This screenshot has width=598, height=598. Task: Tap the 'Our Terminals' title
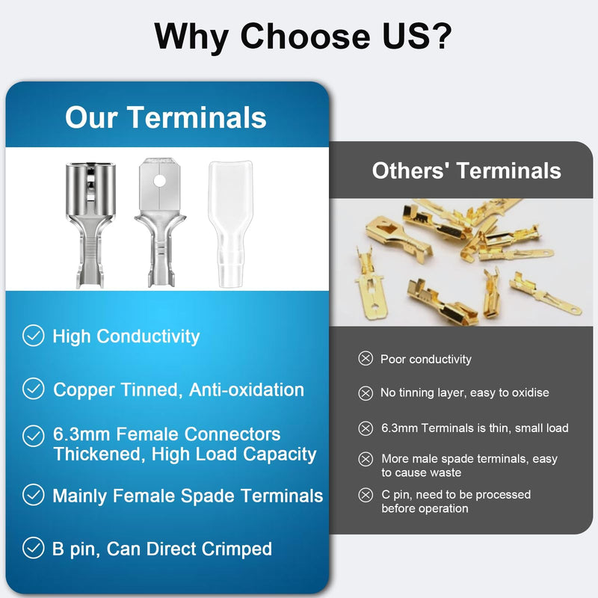pyautogui.click(x=165, y=117)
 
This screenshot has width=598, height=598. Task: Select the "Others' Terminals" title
pyautogui.click(x=466, y=170)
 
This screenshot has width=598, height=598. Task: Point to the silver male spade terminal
pyautogui.click(x=161, y=224)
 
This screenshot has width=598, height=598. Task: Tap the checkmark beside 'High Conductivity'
pyautogui.click(x=33, y=336)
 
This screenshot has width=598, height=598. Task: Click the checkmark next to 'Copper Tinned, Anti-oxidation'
pyautogui.click(x=33, y=389)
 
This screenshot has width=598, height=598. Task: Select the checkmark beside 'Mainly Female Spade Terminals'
pyautogui.click(x=33, y=495)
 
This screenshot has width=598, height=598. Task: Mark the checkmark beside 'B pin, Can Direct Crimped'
pyautogui.click(x=33, y=549)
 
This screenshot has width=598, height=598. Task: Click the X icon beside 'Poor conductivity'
pyautogui.click(x=366, y=360)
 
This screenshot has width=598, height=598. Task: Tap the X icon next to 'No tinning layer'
pyautogui.click(x=366, y=393)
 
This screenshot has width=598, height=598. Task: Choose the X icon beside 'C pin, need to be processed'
pyautogui.click(x=366, y=495)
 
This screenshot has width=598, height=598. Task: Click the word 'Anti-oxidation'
pyautogui.click(x=247, y=389)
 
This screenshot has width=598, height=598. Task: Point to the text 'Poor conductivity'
pyautogui.click(x=426, y=360)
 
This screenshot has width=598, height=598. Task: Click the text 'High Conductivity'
pyautogui.click(x=126, y=336)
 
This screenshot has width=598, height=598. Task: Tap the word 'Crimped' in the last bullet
pyautogui.click(x=237, y=549)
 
